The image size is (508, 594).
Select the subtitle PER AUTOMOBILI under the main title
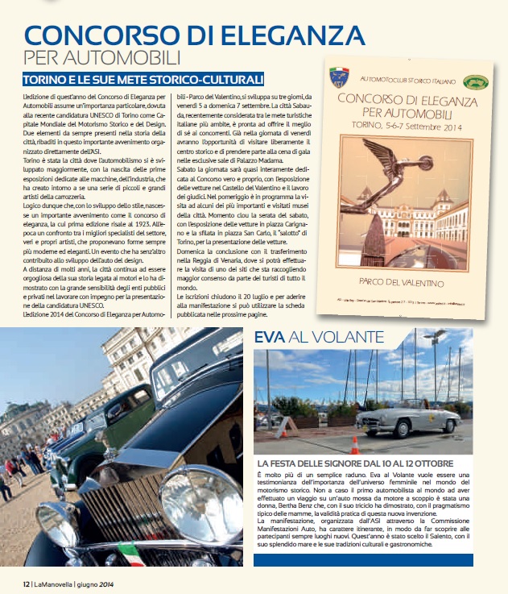coord(101,58)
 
